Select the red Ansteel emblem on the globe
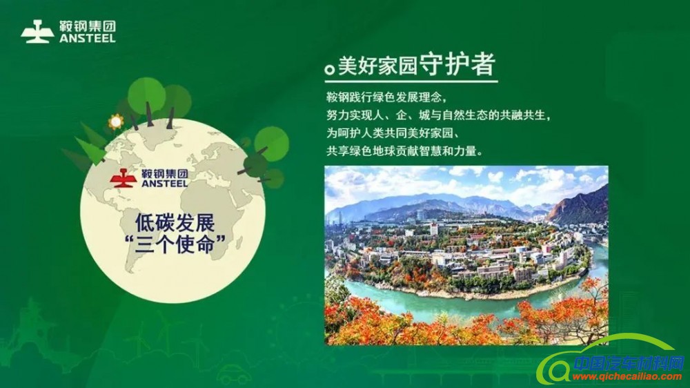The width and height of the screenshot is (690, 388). click(124, 178)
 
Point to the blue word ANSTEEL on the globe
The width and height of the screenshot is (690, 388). click(164, 184)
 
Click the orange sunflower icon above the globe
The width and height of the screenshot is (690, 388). click(115, 122)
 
